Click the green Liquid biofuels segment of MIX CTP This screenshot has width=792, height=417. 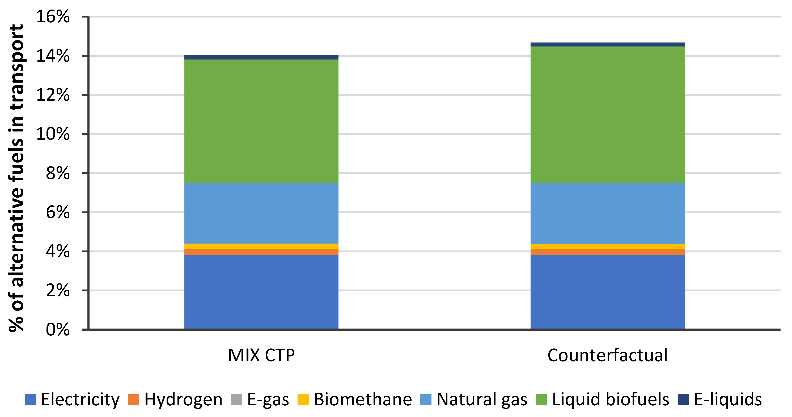(x=261, y=121)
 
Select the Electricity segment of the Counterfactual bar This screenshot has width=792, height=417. (x=607, y=292)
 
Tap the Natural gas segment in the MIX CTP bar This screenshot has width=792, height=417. (x=261, y=213)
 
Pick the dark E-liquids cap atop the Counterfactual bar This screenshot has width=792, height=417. (x=607, y=45)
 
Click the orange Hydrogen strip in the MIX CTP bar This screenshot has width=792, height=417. (x=261, y=252)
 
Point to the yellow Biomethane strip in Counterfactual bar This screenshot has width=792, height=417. (x=607, y=246)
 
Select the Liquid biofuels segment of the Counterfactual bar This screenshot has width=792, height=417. (x=607, y=115)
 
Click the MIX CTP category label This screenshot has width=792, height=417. (x=261, y=356)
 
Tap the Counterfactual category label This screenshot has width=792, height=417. (x=607, y=356)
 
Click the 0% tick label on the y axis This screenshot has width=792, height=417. (x=57, y=330)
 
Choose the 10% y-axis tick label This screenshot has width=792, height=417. (x=53, y=134)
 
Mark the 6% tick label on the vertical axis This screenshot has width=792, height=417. (x=57, y=212)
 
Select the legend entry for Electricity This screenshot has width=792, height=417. (x=72, y=399)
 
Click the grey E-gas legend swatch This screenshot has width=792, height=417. (x=236, y=399)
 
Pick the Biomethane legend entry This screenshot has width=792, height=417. (x=355, y=399)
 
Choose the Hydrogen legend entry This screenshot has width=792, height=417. (x=176, y=399)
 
